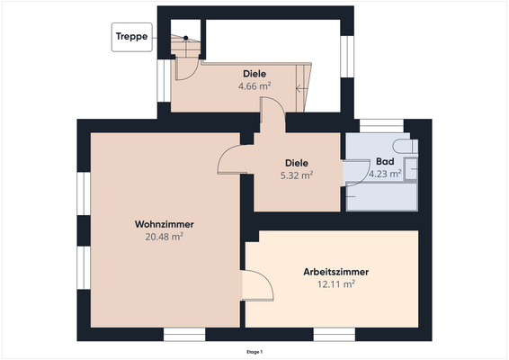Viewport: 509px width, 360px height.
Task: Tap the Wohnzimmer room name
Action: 165,224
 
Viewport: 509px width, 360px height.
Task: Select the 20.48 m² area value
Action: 165,237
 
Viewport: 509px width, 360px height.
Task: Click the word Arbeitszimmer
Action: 335,271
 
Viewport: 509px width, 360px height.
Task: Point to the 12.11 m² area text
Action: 335,283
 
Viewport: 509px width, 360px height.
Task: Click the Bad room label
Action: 385,162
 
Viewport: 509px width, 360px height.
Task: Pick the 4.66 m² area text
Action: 254,86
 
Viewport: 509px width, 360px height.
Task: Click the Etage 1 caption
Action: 254,352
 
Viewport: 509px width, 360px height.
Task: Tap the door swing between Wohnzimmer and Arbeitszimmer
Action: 259,288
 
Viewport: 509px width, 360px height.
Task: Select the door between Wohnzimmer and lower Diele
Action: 230,160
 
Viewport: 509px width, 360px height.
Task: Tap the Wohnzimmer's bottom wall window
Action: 183,335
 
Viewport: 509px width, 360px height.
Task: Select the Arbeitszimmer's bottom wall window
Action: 332,335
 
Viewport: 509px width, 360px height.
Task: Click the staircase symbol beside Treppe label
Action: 183,44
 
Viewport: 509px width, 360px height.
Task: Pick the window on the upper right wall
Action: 346,55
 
